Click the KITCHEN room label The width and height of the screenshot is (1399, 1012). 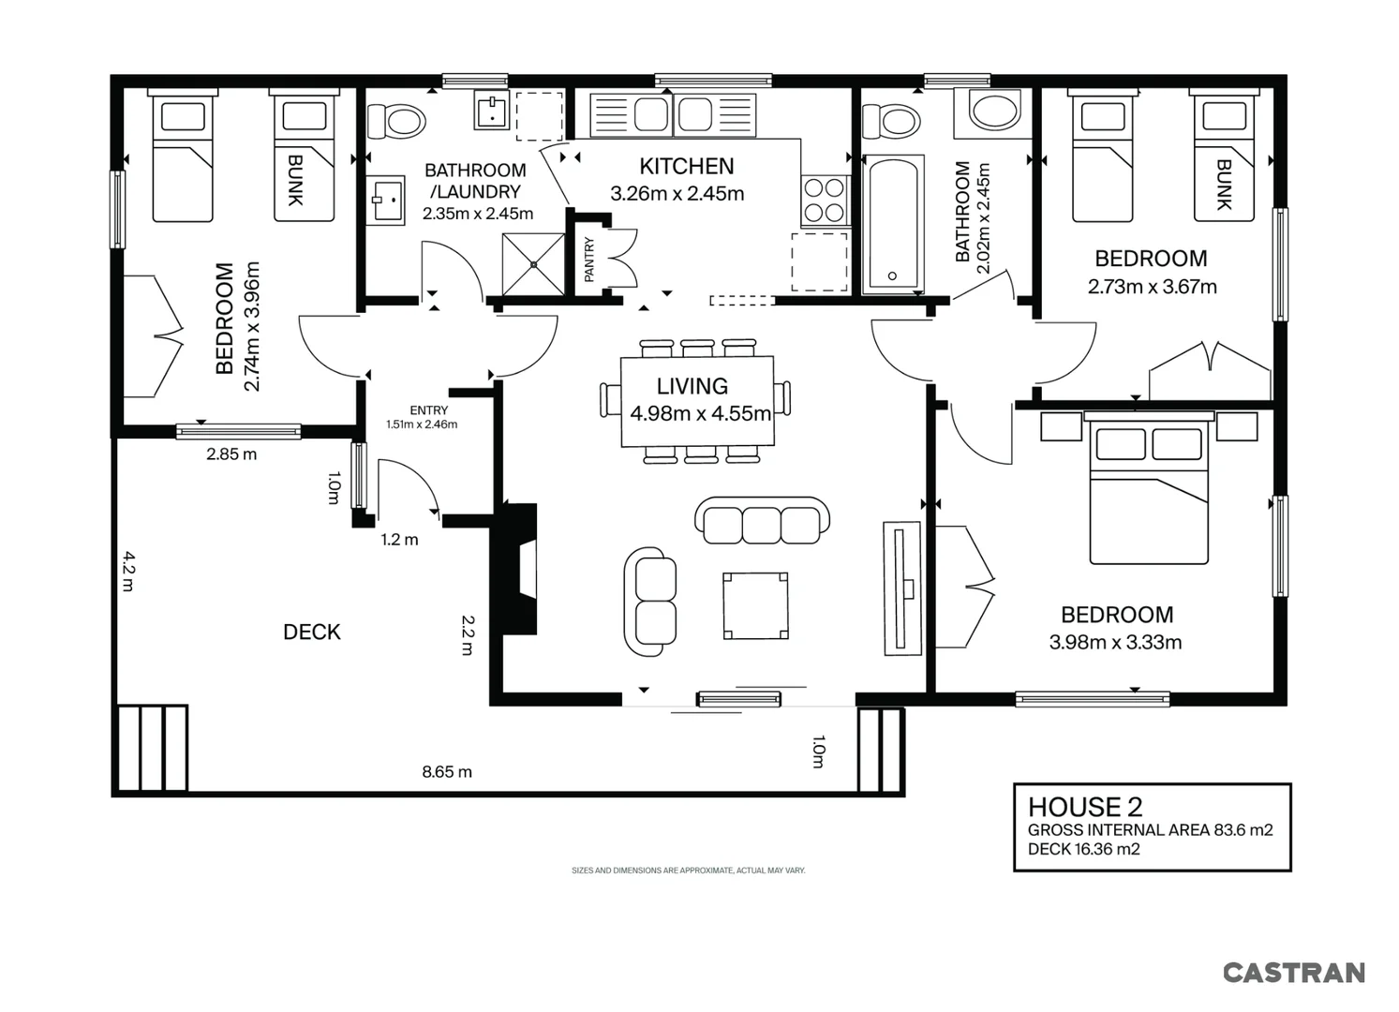pos(687,166)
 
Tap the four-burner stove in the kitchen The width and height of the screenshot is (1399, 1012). pos(825,200)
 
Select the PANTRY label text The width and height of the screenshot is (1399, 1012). pos(589,260)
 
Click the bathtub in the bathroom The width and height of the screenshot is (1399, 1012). pos(892,224)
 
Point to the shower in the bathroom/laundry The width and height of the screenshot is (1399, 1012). pos(533,264)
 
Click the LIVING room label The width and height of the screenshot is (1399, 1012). pos(692,386)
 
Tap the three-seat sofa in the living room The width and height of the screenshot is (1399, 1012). pos(762,520)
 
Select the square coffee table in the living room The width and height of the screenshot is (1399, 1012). pos(755,606)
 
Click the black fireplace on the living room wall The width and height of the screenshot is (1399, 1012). pos(515,569)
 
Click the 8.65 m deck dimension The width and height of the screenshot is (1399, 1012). pos(447,772)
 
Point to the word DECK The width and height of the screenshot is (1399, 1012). pos(312,632)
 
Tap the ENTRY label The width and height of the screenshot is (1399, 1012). pos(428,410)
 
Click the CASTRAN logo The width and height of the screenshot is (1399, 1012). pos(1293,974)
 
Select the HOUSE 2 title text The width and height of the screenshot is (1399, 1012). pos(1085,807)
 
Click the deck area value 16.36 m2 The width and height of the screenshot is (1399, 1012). pos(1107,849)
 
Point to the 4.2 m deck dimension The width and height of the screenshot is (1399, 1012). pos(128,571)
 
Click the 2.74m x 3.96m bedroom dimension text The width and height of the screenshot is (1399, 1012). pos(251,326)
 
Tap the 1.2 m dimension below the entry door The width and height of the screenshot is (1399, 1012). pos(400,540)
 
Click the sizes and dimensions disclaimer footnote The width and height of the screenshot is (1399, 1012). pos(689,871)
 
